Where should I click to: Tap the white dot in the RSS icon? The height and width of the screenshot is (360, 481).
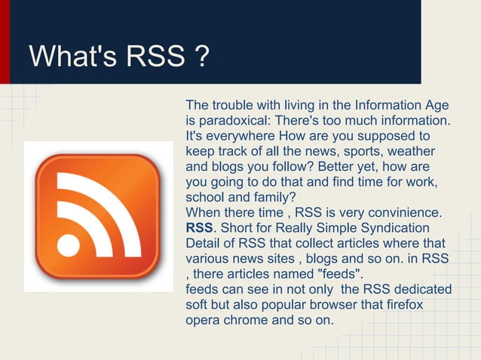tap(69, 246)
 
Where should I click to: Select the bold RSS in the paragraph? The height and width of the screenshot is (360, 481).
tap(199, 227)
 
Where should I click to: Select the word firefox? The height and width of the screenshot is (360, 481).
tap(401, 305)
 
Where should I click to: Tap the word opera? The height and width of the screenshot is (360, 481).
tap(201, 320)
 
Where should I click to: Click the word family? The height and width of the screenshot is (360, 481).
tap(256, 197)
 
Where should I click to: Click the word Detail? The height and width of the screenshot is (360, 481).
tap(204, 243)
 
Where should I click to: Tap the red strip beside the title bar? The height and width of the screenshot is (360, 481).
tap(5, 41)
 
